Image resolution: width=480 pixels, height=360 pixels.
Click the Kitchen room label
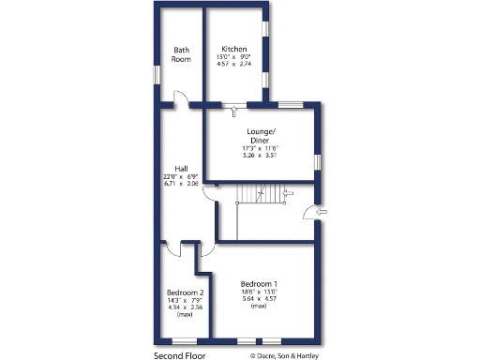click(x=233, y=48)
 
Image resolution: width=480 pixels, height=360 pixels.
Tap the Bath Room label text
click(x=181, y=54)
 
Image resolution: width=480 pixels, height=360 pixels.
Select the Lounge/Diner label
click(x=261, y=136)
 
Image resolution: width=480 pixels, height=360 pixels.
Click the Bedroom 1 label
click(x=259, y=283)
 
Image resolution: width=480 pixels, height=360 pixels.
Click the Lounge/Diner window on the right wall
click(x=318, y=162)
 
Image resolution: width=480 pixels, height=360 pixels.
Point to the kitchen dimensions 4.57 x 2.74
click(x=233, y=64)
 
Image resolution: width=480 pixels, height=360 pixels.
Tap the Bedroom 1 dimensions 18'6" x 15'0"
click(x=259, y=292)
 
